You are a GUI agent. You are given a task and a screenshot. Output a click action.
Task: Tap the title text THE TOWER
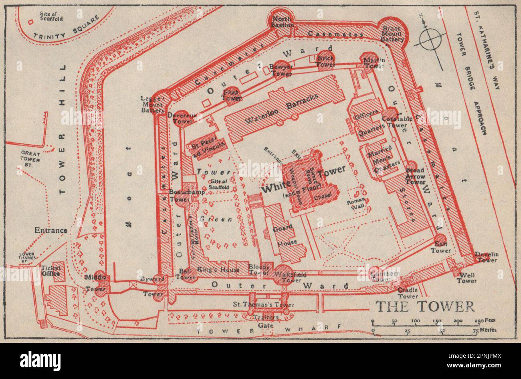click(425, 306)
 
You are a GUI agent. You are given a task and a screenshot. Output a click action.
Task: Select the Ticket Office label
click(51, 271)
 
